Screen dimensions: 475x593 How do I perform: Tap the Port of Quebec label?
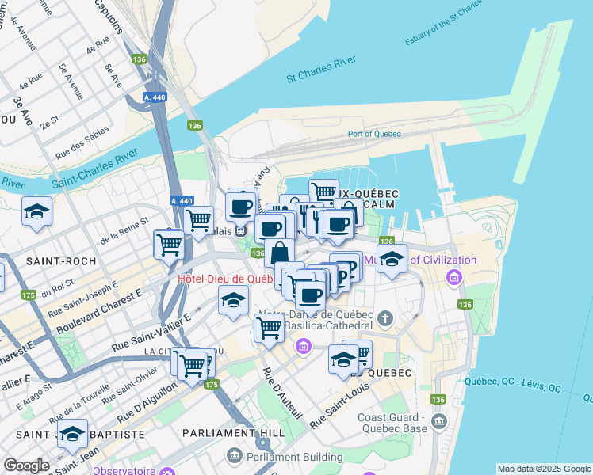pos(374,134)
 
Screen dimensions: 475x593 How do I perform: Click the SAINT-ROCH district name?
pos(60,260)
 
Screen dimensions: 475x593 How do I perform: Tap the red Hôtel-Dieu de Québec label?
pos(225,279)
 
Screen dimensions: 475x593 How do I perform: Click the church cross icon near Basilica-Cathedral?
pos(385,319)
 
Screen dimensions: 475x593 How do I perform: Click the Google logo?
pos(26,465)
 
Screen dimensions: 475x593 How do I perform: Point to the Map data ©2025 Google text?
pos(543,469)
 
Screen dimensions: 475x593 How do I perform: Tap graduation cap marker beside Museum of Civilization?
pos(391,260)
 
